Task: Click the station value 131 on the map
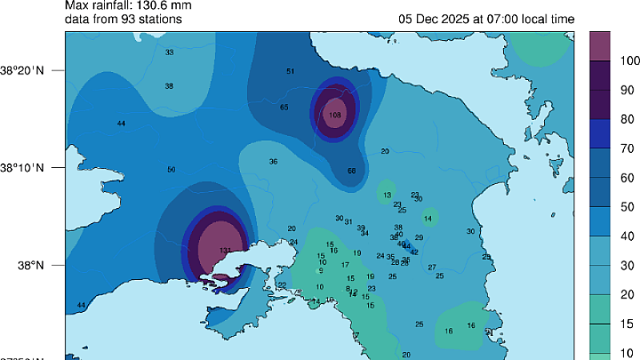click(226, 250)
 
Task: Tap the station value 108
click(335, 115)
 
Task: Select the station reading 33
click(169, 52)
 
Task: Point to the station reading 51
click(290, 71)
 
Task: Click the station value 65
click(284, 107)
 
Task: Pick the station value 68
click(352, 171)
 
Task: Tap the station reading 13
click(387, 195)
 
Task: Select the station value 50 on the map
click(171, 170)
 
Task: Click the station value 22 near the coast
click(282, 285)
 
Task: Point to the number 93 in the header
click(124, 18)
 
